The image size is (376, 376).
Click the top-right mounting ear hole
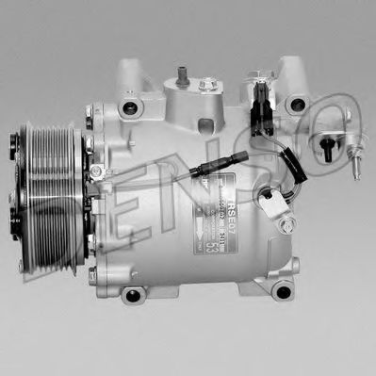click(298, 105)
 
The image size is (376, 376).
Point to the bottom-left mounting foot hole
click(133, 295)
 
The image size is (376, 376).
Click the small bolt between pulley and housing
click(96, 172)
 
